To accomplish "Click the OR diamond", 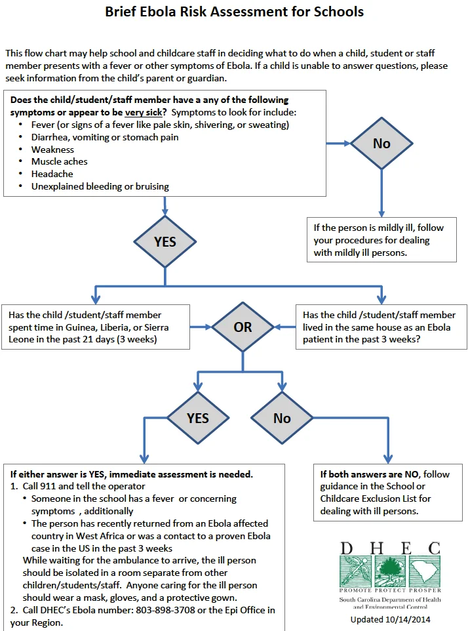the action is click(x=243, y=327).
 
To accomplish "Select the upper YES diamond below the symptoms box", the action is click(x=165, y=241).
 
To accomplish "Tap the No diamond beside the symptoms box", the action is click(x=381, y=143).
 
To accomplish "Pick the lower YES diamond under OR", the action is click(x=198, y=418).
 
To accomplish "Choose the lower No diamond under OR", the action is click(x=282, y=418).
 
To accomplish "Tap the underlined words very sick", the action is click(x=144, y=112).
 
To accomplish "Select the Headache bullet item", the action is click(x=52, y=174).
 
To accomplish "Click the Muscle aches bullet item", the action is click(x=60, y=161).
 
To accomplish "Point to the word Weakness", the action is click(x=52, y=150).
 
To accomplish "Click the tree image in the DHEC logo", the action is click(x=390, y=571).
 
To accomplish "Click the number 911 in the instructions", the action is click(x=49, y=486).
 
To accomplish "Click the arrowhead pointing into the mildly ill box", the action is click(x=381, y=214).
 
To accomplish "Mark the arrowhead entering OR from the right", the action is click(x=277, y=327).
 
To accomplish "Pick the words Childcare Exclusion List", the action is click(x=376, y=499).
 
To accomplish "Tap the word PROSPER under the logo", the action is click(x=425, y=590).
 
